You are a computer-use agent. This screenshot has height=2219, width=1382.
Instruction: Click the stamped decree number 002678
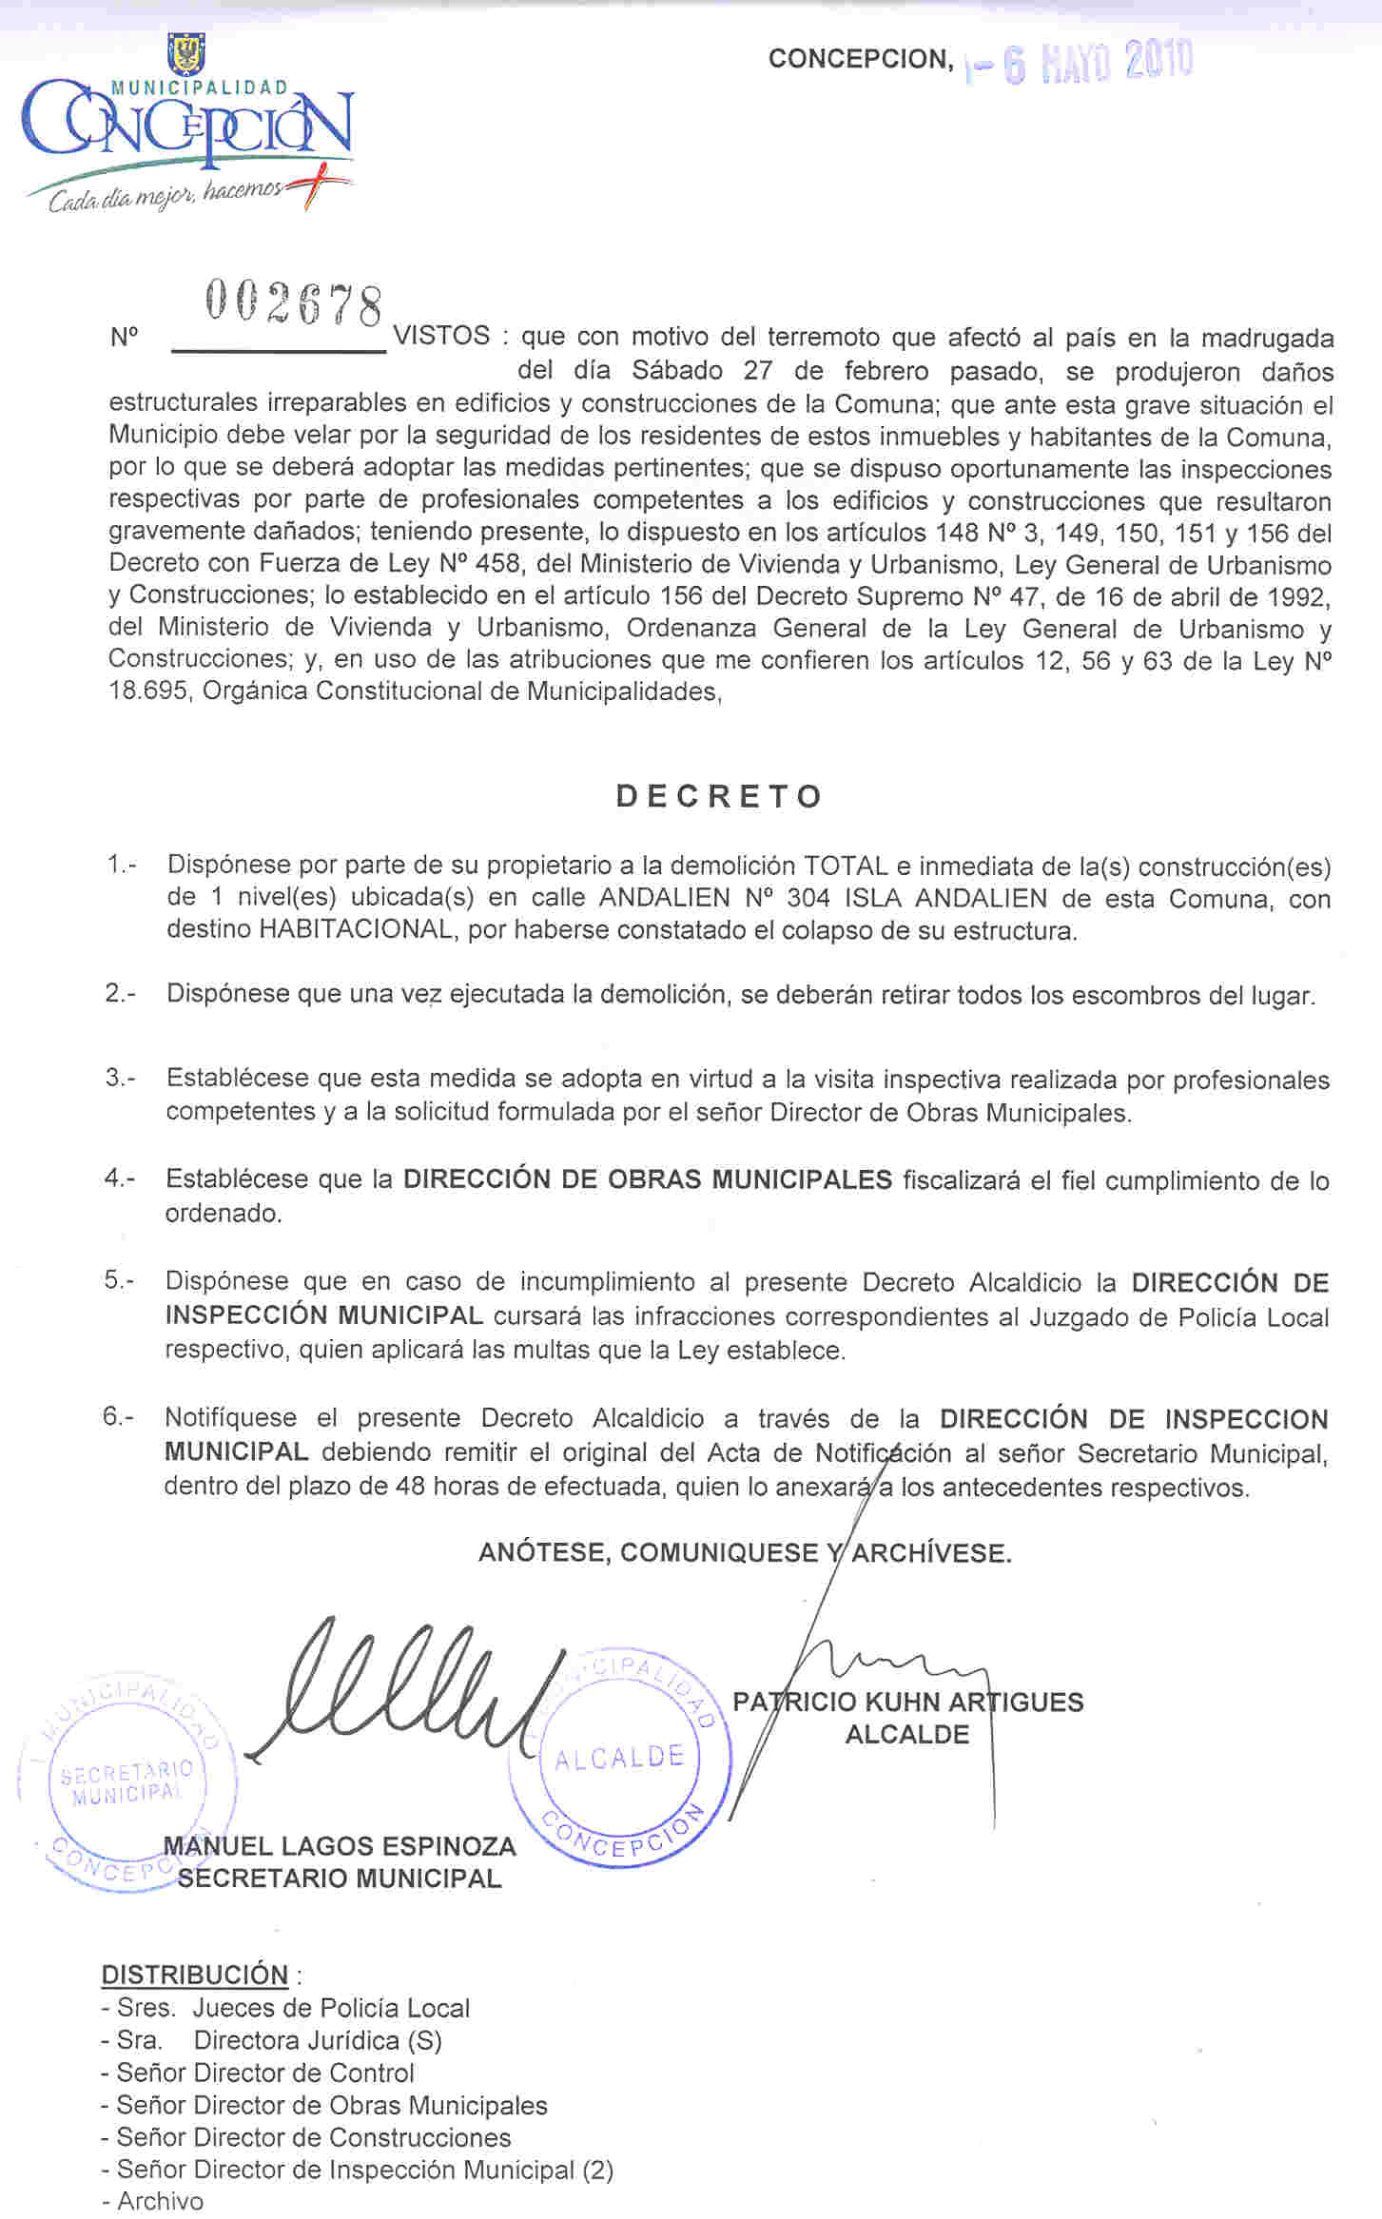coord(294,303)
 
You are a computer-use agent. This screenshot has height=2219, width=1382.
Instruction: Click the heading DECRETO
coord(719,796)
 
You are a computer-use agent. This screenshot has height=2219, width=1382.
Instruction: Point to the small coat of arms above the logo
coord(186,53)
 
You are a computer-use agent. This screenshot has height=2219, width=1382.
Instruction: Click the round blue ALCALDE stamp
coord(620,1756)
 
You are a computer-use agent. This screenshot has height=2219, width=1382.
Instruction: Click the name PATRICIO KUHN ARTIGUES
coord(907,1702)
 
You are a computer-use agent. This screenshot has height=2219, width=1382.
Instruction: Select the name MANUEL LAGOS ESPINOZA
coord(340,1846)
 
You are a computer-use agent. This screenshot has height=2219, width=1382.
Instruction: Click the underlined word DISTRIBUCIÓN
coord(195,1975)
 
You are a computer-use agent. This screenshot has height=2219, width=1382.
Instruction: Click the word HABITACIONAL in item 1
coord(356,929)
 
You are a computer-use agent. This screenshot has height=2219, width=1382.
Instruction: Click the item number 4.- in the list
coord(119,1178)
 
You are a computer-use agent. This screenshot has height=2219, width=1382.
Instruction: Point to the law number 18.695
coord(151,691)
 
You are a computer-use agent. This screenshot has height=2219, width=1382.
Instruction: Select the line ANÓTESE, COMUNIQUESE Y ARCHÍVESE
coord(745,1553)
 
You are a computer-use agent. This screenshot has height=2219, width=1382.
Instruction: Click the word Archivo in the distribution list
coord(160,2201)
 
